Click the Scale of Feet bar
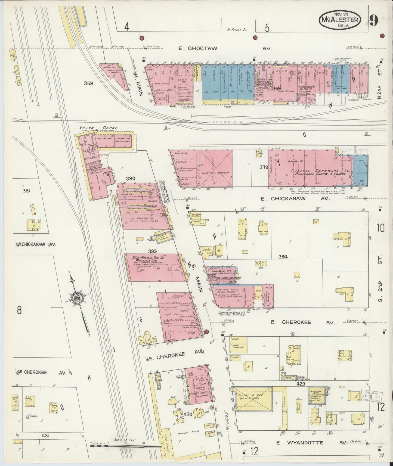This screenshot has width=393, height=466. coord(125,446)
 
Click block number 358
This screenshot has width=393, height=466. coord(89,83)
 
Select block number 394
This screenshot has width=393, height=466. coord(283,256)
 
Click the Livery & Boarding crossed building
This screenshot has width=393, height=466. coord(216,169)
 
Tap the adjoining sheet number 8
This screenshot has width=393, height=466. coord(19,310)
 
